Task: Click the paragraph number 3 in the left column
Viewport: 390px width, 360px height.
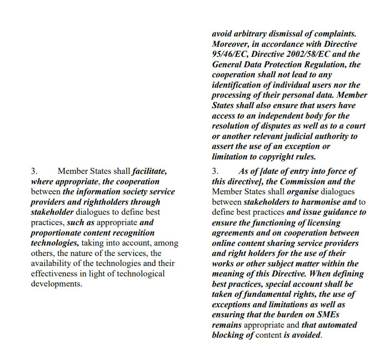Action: pos(34,172)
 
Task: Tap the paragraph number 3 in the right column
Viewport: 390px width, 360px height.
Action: pos(215,172)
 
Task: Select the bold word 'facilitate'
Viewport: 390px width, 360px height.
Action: pos(149,172)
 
